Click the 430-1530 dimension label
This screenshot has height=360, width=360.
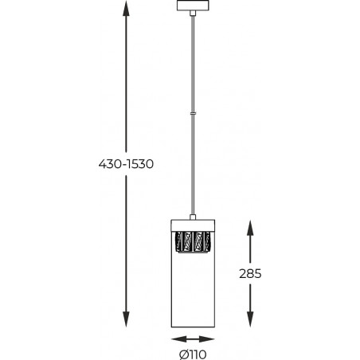point(126,164)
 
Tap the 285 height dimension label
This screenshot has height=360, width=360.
point(250,274)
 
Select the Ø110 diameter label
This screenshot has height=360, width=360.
point(193,354)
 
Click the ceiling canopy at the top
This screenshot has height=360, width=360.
point(193,6)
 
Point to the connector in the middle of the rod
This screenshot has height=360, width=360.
point(193,113)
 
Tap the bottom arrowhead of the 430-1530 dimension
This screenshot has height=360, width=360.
point(126,318)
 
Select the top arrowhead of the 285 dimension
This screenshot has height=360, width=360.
point(250,228)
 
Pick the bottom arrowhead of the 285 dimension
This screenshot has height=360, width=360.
point(250,319)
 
